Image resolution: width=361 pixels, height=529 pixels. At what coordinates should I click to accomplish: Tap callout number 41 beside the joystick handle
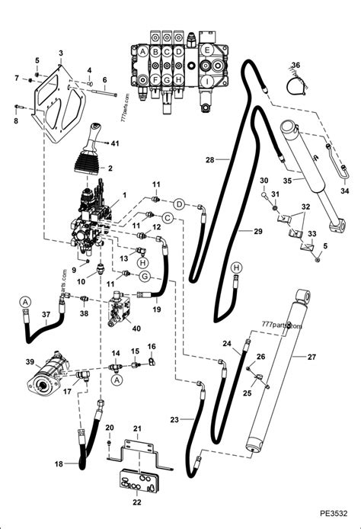point(115,143)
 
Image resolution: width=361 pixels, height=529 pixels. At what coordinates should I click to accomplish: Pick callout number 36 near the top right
point(296,65)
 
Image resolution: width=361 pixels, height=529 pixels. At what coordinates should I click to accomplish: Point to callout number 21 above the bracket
point(137,431)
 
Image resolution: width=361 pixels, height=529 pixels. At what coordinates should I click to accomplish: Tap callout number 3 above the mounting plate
point(61,52)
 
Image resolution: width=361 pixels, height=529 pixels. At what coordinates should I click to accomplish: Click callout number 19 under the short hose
point(155,310)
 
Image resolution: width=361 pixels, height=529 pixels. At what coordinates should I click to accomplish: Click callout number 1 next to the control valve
point(115,195)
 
